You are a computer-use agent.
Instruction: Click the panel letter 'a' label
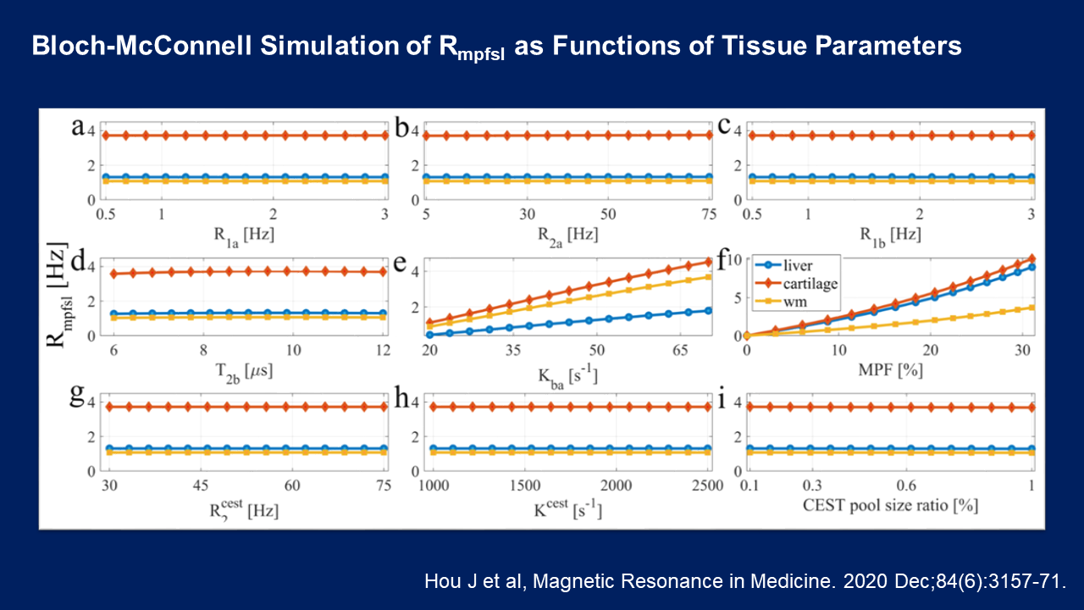(78, 128)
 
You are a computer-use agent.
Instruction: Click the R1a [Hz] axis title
(245, 233)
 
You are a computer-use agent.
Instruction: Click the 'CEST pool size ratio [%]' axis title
(890, 506)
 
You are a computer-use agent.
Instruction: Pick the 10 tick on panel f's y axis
(735, 259)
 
